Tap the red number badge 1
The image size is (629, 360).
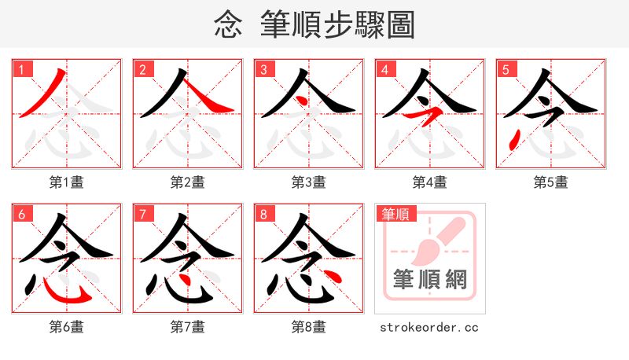pyautogui.click(x=21, y=69)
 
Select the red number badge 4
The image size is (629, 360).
pyautogui.click(x=384, y=69)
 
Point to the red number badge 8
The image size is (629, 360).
pyautogui.click(x=263, y=214)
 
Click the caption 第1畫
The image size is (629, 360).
pyautogui.click(x=67, y=182)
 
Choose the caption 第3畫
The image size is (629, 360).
pyautogui.click(x=309, y=182)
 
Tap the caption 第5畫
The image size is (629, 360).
pyautogui.click(x=551, y=182)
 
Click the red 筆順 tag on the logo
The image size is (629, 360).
pyautogui.click(x=395, y=214)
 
